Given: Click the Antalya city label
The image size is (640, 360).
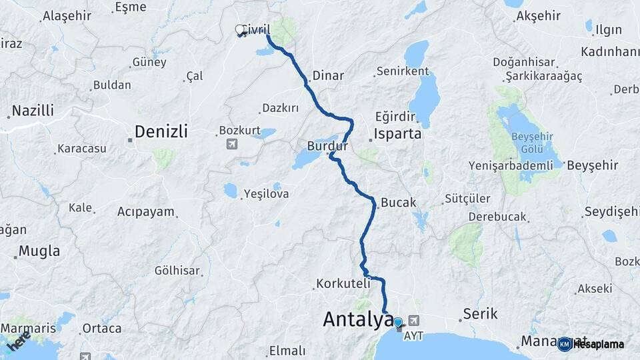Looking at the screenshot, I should pyautogui.click(x=357, y=319).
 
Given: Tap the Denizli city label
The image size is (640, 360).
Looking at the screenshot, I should pyautogui.click(x=161, y=131).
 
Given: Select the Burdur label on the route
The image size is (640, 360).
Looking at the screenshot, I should pyautogui.click(x=328, y=145).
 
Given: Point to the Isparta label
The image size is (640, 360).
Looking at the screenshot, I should pyautogui.click(x=398, y=133).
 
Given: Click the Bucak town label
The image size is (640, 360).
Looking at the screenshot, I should pyautogui.click(x=399, y=202).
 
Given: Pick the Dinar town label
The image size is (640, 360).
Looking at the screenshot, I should pyautogui.click(x=328, y=76).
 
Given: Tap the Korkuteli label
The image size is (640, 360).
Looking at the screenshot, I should pyautogui.click(x=343, y=283).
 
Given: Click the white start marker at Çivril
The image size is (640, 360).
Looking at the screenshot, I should pyautogui.click(x=240, y=30).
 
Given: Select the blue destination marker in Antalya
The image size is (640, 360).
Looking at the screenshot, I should pyautogui.click(x=398, y=323).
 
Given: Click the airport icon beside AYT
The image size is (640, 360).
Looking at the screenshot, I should pyautogui.click(x=415, y=320).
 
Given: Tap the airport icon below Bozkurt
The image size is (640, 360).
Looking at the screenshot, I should pyautogui.click(x=231, y=144).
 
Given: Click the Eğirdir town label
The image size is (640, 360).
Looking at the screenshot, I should pyautogui.click(x=395, y=116).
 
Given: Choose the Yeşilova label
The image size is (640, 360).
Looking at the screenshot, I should pyautogui.click(x=265, y=194).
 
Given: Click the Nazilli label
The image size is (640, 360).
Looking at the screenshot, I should pyautogui.click(x=33, y=111).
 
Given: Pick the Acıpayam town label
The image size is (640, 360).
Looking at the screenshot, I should pyautogui.click(x=145, y=212).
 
